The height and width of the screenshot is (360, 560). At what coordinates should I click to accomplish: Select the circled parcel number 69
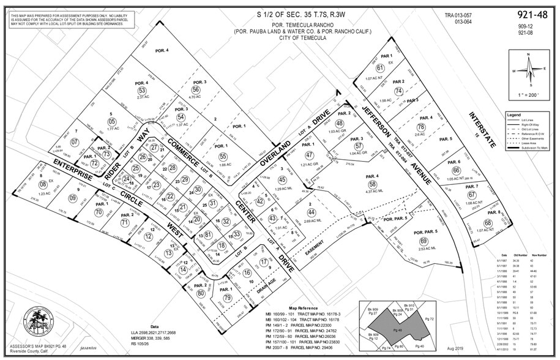click(423, 242)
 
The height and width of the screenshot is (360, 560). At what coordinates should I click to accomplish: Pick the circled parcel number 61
click(380, 68)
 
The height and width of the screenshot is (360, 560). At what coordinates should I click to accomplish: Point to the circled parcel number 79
click(228, 298)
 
